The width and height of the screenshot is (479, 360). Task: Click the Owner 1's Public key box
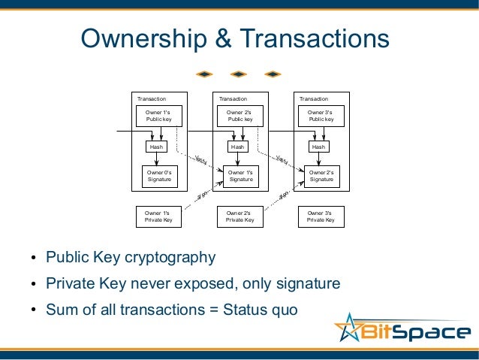point(158,116)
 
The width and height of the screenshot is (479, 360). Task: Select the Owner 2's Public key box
point(239,116)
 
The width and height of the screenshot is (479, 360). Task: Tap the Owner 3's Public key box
point(321,116)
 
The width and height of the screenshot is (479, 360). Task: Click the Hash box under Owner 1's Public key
point(156,147)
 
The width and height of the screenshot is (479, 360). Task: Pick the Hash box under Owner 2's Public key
point(238,147)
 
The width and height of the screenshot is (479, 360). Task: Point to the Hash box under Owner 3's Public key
point(319,147)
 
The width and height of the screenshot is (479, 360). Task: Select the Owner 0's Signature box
point(158,176)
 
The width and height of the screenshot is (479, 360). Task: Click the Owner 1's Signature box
point(240,176)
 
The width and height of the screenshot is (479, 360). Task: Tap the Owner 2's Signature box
point(321,176)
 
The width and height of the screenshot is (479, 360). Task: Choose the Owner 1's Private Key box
point(158,216)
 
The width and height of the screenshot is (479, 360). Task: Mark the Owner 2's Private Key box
point(239,216)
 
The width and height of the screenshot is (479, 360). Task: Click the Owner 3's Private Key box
point(321,216)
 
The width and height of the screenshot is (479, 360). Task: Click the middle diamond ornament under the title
point(238,74)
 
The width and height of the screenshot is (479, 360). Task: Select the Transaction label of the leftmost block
point(151,98)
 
